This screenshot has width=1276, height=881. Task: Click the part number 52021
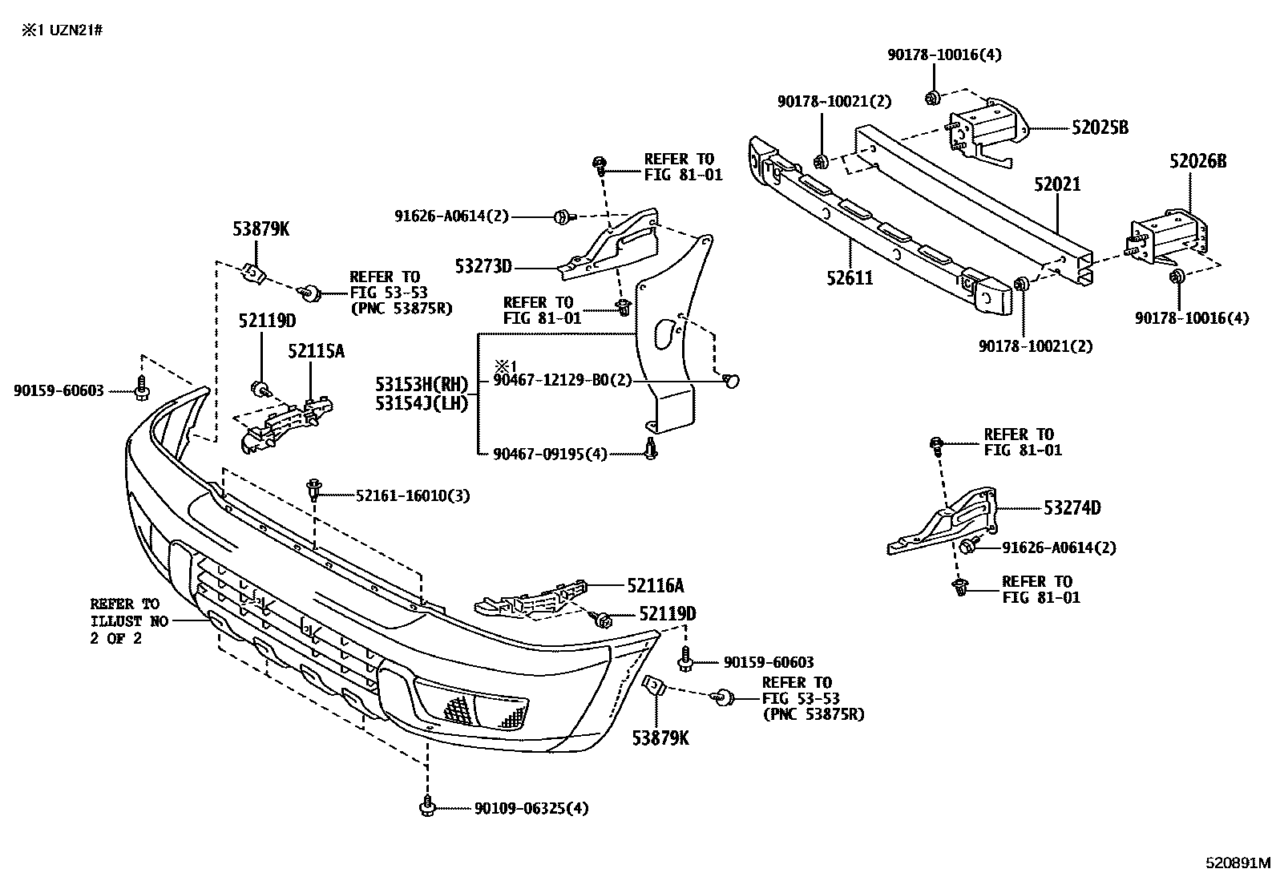pos(1056,184)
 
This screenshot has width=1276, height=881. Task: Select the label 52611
pos(850,278)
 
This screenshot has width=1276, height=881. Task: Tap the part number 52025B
pos(1100,127)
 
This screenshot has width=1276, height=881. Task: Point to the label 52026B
pos(1197,161)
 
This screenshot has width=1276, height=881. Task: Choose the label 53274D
pos(1072,507)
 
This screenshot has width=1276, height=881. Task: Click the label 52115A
pos(317,350)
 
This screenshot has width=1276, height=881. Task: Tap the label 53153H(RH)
pos(422,383)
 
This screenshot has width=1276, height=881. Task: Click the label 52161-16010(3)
pos(413,495)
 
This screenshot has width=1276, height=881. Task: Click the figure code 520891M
pos(1238,863)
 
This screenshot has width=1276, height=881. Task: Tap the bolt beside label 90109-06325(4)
pos(426,806)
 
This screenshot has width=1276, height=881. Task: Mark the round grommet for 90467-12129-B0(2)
pos(730,382)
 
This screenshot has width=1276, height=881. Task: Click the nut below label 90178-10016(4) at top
pos(931,98)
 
